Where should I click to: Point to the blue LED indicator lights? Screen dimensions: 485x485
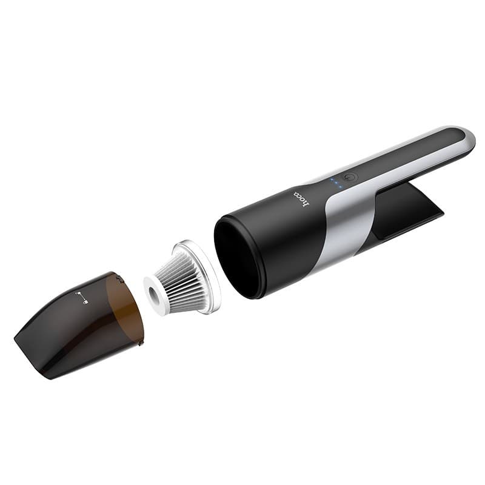click(x=335, y=184)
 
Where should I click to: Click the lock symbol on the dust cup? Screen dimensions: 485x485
click(x=82, y=298)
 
